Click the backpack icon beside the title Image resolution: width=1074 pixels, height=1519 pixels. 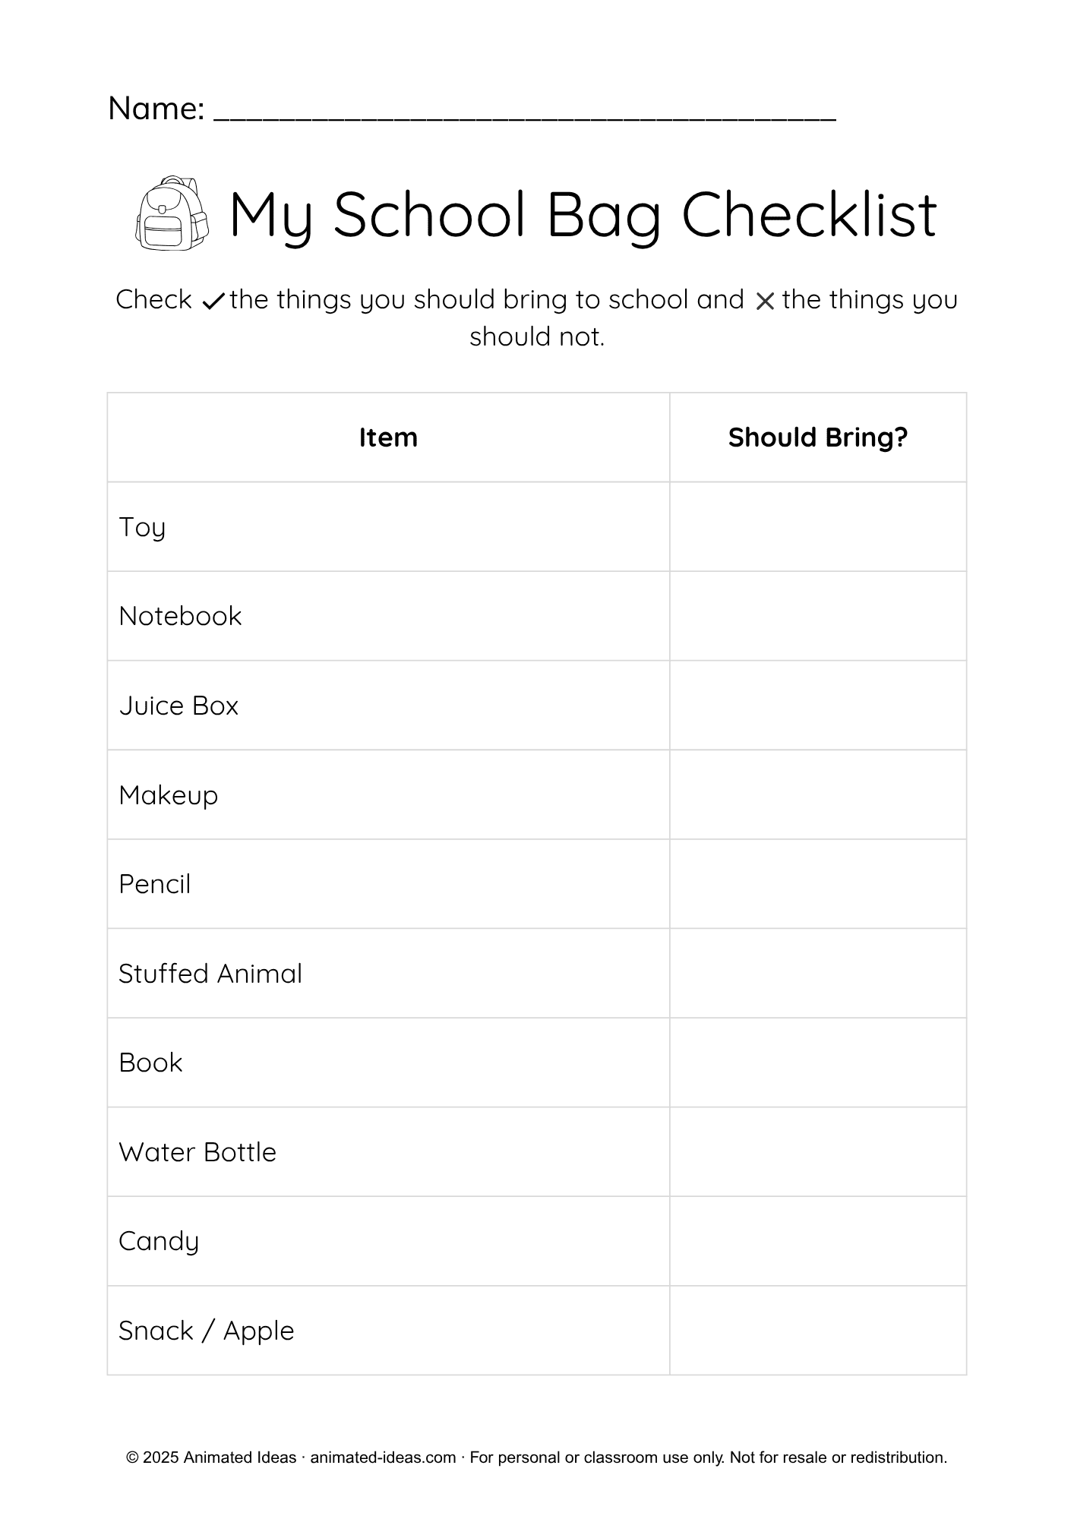(x=172, y=213)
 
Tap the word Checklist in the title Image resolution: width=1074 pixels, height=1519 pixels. (x=809, y=215)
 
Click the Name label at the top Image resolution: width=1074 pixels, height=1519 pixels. (x=156, y=109)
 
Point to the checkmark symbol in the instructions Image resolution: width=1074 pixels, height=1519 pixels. (x=213, y=302)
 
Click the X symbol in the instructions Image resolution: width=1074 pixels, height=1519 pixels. (x=764, y=302)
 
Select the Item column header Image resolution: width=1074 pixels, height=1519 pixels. (x=388, y=437)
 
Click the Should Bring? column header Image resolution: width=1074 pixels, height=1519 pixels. (x=817, y=437)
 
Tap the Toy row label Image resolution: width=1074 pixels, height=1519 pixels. (x=142, y=527)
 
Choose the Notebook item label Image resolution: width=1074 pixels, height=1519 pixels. (x=180, y=616)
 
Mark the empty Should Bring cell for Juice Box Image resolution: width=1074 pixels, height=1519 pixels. (x=817, y=706)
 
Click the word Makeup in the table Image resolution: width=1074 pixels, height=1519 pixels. (x=168, y=795)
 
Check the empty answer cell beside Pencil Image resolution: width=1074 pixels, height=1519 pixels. (x=817, y=884)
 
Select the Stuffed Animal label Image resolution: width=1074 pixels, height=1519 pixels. (x=210, y=974)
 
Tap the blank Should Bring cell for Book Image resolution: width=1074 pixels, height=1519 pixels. (x=817, y=1063)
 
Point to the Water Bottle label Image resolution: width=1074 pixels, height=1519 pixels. (x=197, y=1152)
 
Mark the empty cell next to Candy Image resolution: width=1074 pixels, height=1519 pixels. (x=817, y=1241)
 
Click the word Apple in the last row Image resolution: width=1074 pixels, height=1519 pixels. (x=258, y=1331)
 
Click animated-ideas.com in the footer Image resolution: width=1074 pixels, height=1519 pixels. (x=383, y=1457)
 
